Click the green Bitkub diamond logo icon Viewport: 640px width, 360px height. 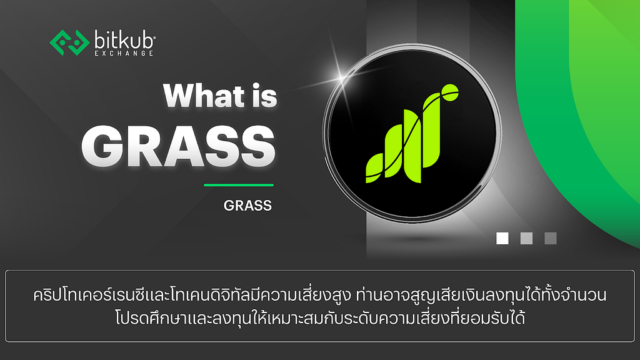point(69,42)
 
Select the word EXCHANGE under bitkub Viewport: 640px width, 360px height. point(124,53)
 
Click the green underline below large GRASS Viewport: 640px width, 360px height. point(239,185)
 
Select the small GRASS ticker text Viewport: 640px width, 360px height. point(247,205)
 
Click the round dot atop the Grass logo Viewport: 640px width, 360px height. point(451,92)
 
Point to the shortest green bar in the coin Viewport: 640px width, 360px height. point(374,168)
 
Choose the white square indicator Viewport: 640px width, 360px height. point(502,238)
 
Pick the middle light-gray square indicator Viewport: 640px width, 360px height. point(526,238)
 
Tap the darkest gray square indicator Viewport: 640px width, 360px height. point(551,238)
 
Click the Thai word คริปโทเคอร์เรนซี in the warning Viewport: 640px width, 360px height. point(90,295)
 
